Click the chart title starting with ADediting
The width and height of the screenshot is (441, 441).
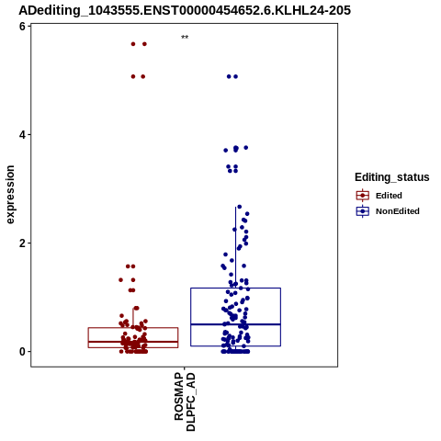185,10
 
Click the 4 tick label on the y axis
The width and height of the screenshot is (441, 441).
22,135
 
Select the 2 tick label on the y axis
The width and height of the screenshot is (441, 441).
22,243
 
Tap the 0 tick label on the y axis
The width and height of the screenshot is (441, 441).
22,352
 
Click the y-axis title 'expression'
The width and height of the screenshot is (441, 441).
10,195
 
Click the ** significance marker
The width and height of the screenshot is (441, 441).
185,38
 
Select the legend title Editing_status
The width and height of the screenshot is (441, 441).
392,177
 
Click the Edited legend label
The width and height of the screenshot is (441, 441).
389,196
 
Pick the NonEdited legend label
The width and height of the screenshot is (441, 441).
398,211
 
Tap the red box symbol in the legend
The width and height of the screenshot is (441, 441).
363,196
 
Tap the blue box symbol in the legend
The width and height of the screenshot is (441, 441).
363,211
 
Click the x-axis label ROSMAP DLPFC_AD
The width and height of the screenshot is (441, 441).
185,401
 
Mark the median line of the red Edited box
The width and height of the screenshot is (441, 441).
133,342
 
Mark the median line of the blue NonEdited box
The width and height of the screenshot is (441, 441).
235,324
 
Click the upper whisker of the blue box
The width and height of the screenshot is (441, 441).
235,247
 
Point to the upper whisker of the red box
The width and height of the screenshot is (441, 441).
133,318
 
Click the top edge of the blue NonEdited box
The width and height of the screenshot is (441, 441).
235,288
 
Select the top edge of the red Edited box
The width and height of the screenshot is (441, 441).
133,328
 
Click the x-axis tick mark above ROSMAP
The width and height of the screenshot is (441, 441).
185,368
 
